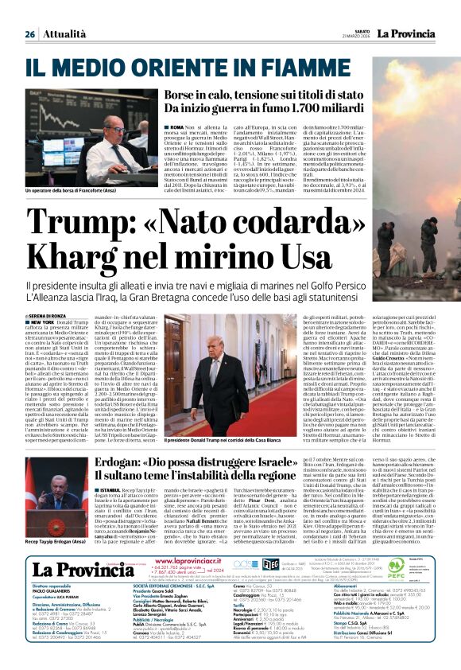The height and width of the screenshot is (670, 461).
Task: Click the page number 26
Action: (x=29, y=34)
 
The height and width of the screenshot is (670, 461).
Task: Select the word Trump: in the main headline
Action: (x=76, y=220)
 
